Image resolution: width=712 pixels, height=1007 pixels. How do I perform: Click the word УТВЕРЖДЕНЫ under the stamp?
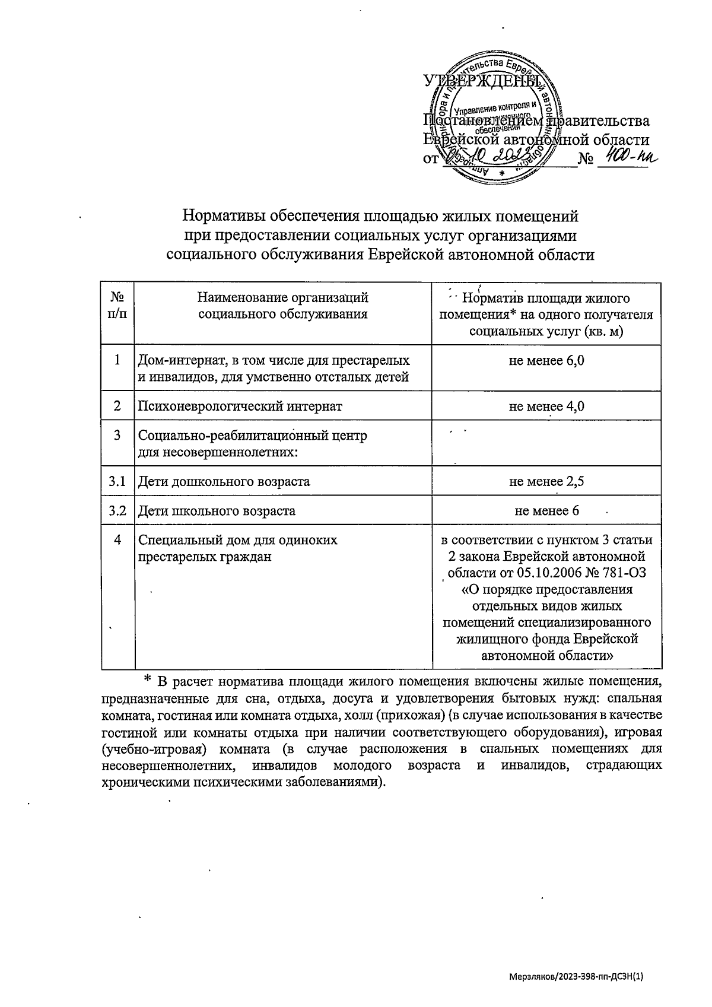482,81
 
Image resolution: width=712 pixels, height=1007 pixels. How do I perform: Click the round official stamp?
498,119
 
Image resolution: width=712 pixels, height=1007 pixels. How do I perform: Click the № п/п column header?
117,306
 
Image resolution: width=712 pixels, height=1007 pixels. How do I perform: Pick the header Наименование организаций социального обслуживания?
282,306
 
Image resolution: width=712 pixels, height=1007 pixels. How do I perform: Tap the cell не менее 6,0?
546,360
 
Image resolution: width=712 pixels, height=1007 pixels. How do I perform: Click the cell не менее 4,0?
546,406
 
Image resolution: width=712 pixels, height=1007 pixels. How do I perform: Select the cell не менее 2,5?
546,481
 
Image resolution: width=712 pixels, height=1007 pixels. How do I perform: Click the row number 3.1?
117,481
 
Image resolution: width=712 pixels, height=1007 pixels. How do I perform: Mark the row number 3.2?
117,510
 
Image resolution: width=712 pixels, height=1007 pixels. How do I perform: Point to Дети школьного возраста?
217,511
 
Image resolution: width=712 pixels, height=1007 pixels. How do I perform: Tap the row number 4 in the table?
117,540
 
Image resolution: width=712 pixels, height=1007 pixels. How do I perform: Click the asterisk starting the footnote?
149,679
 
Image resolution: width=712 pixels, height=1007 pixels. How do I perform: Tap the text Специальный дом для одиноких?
237,540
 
